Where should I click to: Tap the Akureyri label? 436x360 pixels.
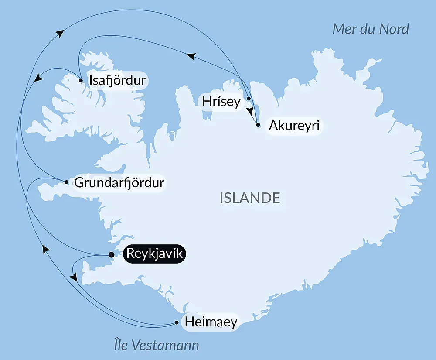coord(294,126)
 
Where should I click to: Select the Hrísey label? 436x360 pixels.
coord(221,102)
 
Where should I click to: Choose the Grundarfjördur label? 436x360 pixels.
coord(119,182)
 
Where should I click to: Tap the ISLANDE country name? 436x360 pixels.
coord(250,198)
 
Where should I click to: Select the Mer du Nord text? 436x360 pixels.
coord(371,29)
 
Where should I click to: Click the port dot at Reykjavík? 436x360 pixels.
coord(111,255)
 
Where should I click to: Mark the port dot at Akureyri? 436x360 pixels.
coord(258,125)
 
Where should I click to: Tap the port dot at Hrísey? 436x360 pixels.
coord(249,99)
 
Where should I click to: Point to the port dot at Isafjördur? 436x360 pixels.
coord(81,80)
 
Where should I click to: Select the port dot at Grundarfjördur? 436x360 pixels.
coord(66,182)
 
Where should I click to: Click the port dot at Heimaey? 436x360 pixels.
coord(176,322)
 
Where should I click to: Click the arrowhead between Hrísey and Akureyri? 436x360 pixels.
coord(250,111)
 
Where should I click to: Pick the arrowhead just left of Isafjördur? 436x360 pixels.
coord(38,78)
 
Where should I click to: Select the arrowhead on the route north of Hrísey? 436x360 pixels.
coord(191,55)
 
